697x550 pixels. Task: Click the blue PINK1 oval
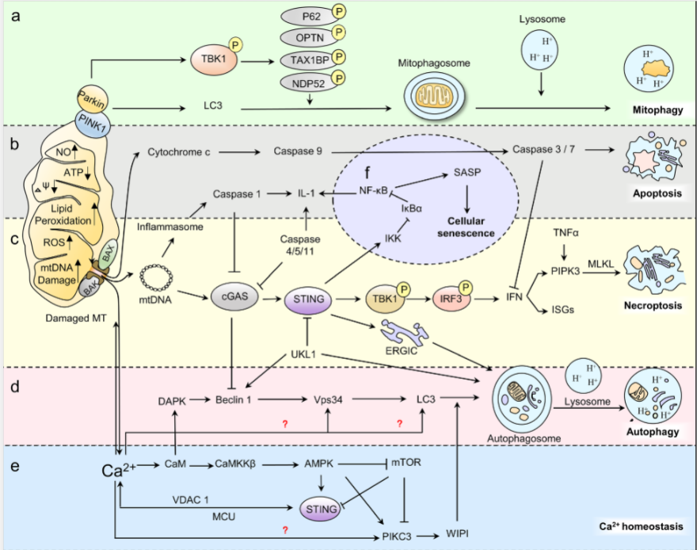pyautogui.click(x=93, y=124)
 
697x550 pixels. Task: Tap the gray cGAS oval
pyautogui.click(x=234, y=296)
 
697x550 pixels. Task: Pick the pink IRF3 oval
pyautogui.click(x=451, y=298)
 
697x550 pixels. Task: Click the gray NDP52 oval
pyautogui.click(x=308, y=83)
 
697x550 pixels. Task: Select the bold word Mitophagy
pyautogui.click(x=657, y=110)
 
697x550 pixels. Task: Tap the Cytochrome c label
pyautogui.click(x=179, y=152)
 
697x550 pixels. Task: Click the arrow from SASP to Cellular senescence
pyautogui.click(x=467, y=198)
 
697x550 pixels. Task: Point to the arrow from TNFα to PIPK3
pyautogui.click(x=565, y=252)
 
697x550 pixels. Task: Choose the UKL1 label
pyautogui.click(x=303, y=354)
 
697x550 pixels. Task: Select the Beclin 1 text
pyautogui.click(x=234, y=399)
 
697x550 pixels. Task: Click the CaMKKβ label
pyautogui.click(x=235, y=464)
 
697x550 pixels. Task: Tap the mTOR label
pyautogui.click(x=406, y=462)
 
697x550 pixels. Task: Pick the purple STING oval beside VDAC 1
pyautogui.click(x=321, y=509)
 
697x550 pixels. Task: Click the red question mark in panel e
pyautogui.click(x=285, y=530)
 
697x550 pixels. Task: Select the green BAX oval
pyautogui.click(x=108, y=254)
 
